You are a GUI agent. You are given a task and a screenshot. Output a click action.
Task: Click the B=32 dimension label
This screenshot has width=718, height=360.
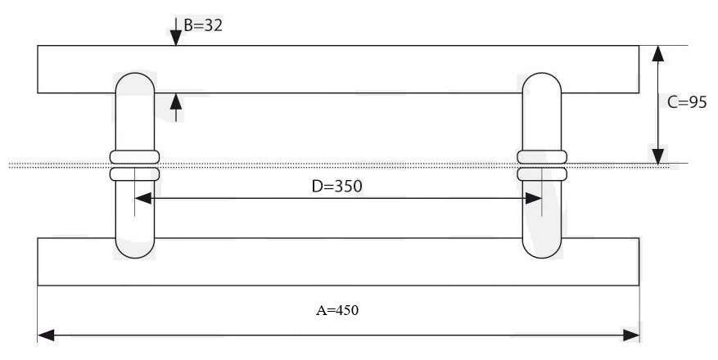click(203, 25)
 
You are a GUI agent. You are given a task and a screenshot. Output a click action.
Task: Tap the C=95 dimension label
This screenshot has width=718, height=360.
click(687, 102)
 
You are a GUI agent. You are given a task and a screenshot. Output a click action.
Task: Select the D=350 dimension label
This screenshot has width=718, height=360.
click(336, 187)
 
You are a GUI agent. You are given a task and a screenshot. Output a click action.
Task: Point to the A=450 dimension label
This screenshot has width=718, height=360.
click(337, 310)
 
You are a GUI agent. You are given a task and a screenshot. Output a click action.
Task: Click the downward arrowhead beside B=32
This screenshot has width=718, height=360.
click(175, 38)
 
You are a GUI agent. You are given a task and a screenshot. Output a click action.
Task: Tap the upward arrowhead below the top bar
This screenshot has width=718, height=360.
click(175, 101)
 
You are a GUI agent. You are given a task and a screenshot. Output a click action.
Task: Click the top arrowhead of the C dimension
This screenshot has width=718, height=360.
click(658, 53)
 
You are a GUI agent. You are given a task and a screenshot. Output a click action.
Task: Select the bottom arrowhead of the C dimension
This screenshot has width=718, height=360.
click(658, 155)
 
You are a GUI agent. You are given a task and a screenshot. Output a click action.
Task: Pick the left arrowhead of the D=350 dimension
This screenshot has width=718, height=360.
click(143, 199)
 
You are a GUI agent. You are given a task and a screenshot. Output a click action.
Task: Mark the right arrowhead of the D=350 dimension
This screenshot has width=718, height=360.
click(534, 199)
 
